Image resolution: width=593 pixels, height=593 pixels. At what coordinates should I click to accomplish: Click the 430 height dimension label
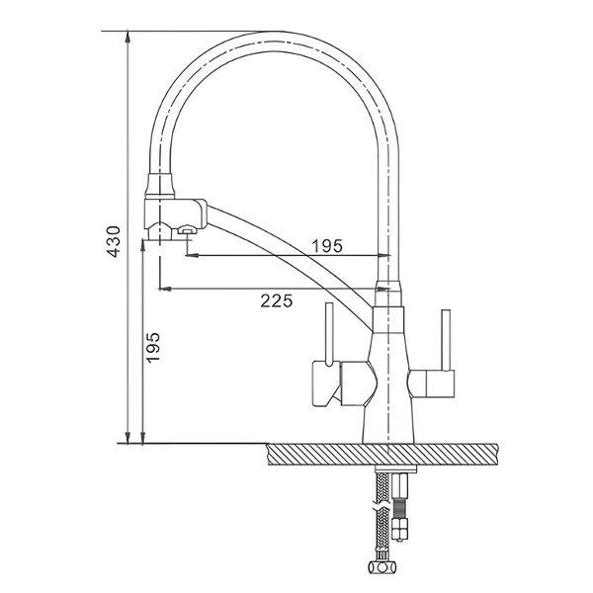[x=114, y=241]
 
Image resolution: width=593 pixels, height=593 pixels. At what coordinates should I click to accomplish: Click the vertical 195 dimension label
[x=153, y=348]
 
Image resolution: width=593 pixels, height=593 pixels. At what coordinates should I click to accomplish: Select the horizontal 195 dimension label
[x=327, y=246]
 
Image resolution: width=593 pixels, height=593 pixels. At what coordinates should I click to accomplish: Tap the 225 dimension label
[x=277, y=300]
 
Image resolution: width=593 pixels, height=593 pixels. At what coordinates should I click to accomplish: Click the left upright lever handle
[x=329, y=334]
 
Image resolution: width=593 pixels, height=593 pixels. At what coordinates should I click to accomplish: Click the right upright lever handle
[x=446, y=340]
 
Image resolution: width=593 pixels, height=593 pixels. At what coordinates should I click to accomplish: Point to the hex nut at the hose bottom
[x=383, y=567]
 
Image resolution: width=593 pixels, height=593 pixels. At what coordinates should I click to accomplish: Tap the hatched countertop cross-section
[x=381, y=455]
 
